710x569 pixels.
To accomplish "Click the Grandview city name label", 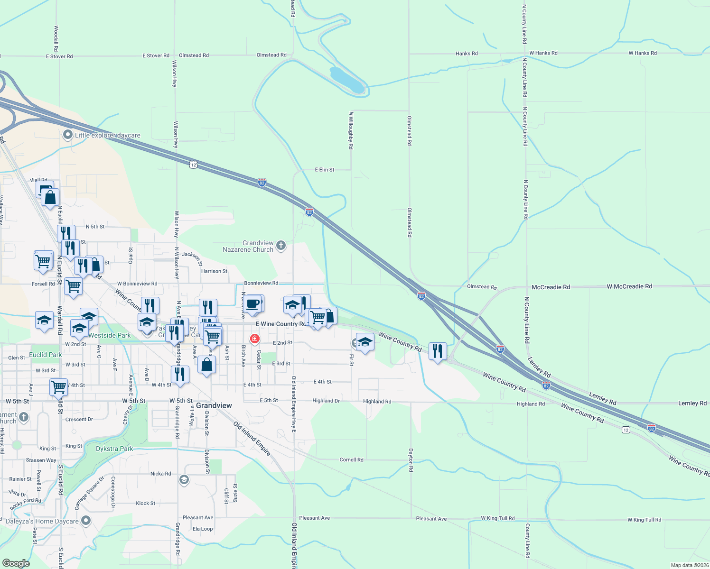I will [x=214, y=405].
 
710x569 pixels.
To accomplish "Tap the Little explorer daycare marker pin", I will [x=68, y=135].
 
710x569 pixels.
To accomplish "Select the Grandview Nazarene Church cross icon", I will [x=281, y=245].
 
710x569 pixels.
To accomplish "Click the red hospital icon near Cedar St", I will [x=255, y=339].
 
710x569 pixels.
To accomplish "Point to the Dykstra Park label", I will [x=114, y=449].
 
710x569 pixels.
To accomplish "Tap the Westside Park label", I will [x=110, y=335].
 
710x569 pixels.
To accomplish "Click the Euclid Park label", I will [x=46, y=355].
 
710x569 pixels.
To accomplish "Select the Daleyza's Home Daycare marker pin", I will [x=86, y=521].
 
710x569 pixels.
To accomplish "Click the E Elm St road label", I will [x=325, y=169].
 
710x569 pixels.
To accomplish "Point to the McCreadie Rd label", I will [x=551, y=287].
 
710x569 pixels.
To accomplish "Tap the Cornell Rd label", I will [x=351, y=459].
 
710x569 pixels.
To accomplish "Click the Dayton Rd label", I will [x=411, y=460].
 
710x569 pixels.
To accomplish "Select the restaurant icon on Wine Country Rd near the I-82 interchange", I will [x=437, y=351].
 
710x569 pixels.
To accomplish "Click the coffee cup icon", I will [x=253, y=303].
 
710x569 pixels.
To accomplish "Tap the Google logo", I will [x=16, y=563].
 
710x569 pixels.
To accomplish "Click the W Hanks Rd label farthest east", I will [x=643, y=53].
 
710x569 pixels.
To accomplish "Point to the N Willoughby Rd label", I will [x=351, y=130].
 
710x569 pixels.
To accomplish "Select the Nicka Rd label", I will [x=160, y=474].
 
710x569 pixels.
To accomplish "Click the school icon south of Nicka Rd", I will [x=184, y=480].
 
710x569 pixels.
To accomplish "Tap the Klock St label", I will [x=145, y=503].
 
